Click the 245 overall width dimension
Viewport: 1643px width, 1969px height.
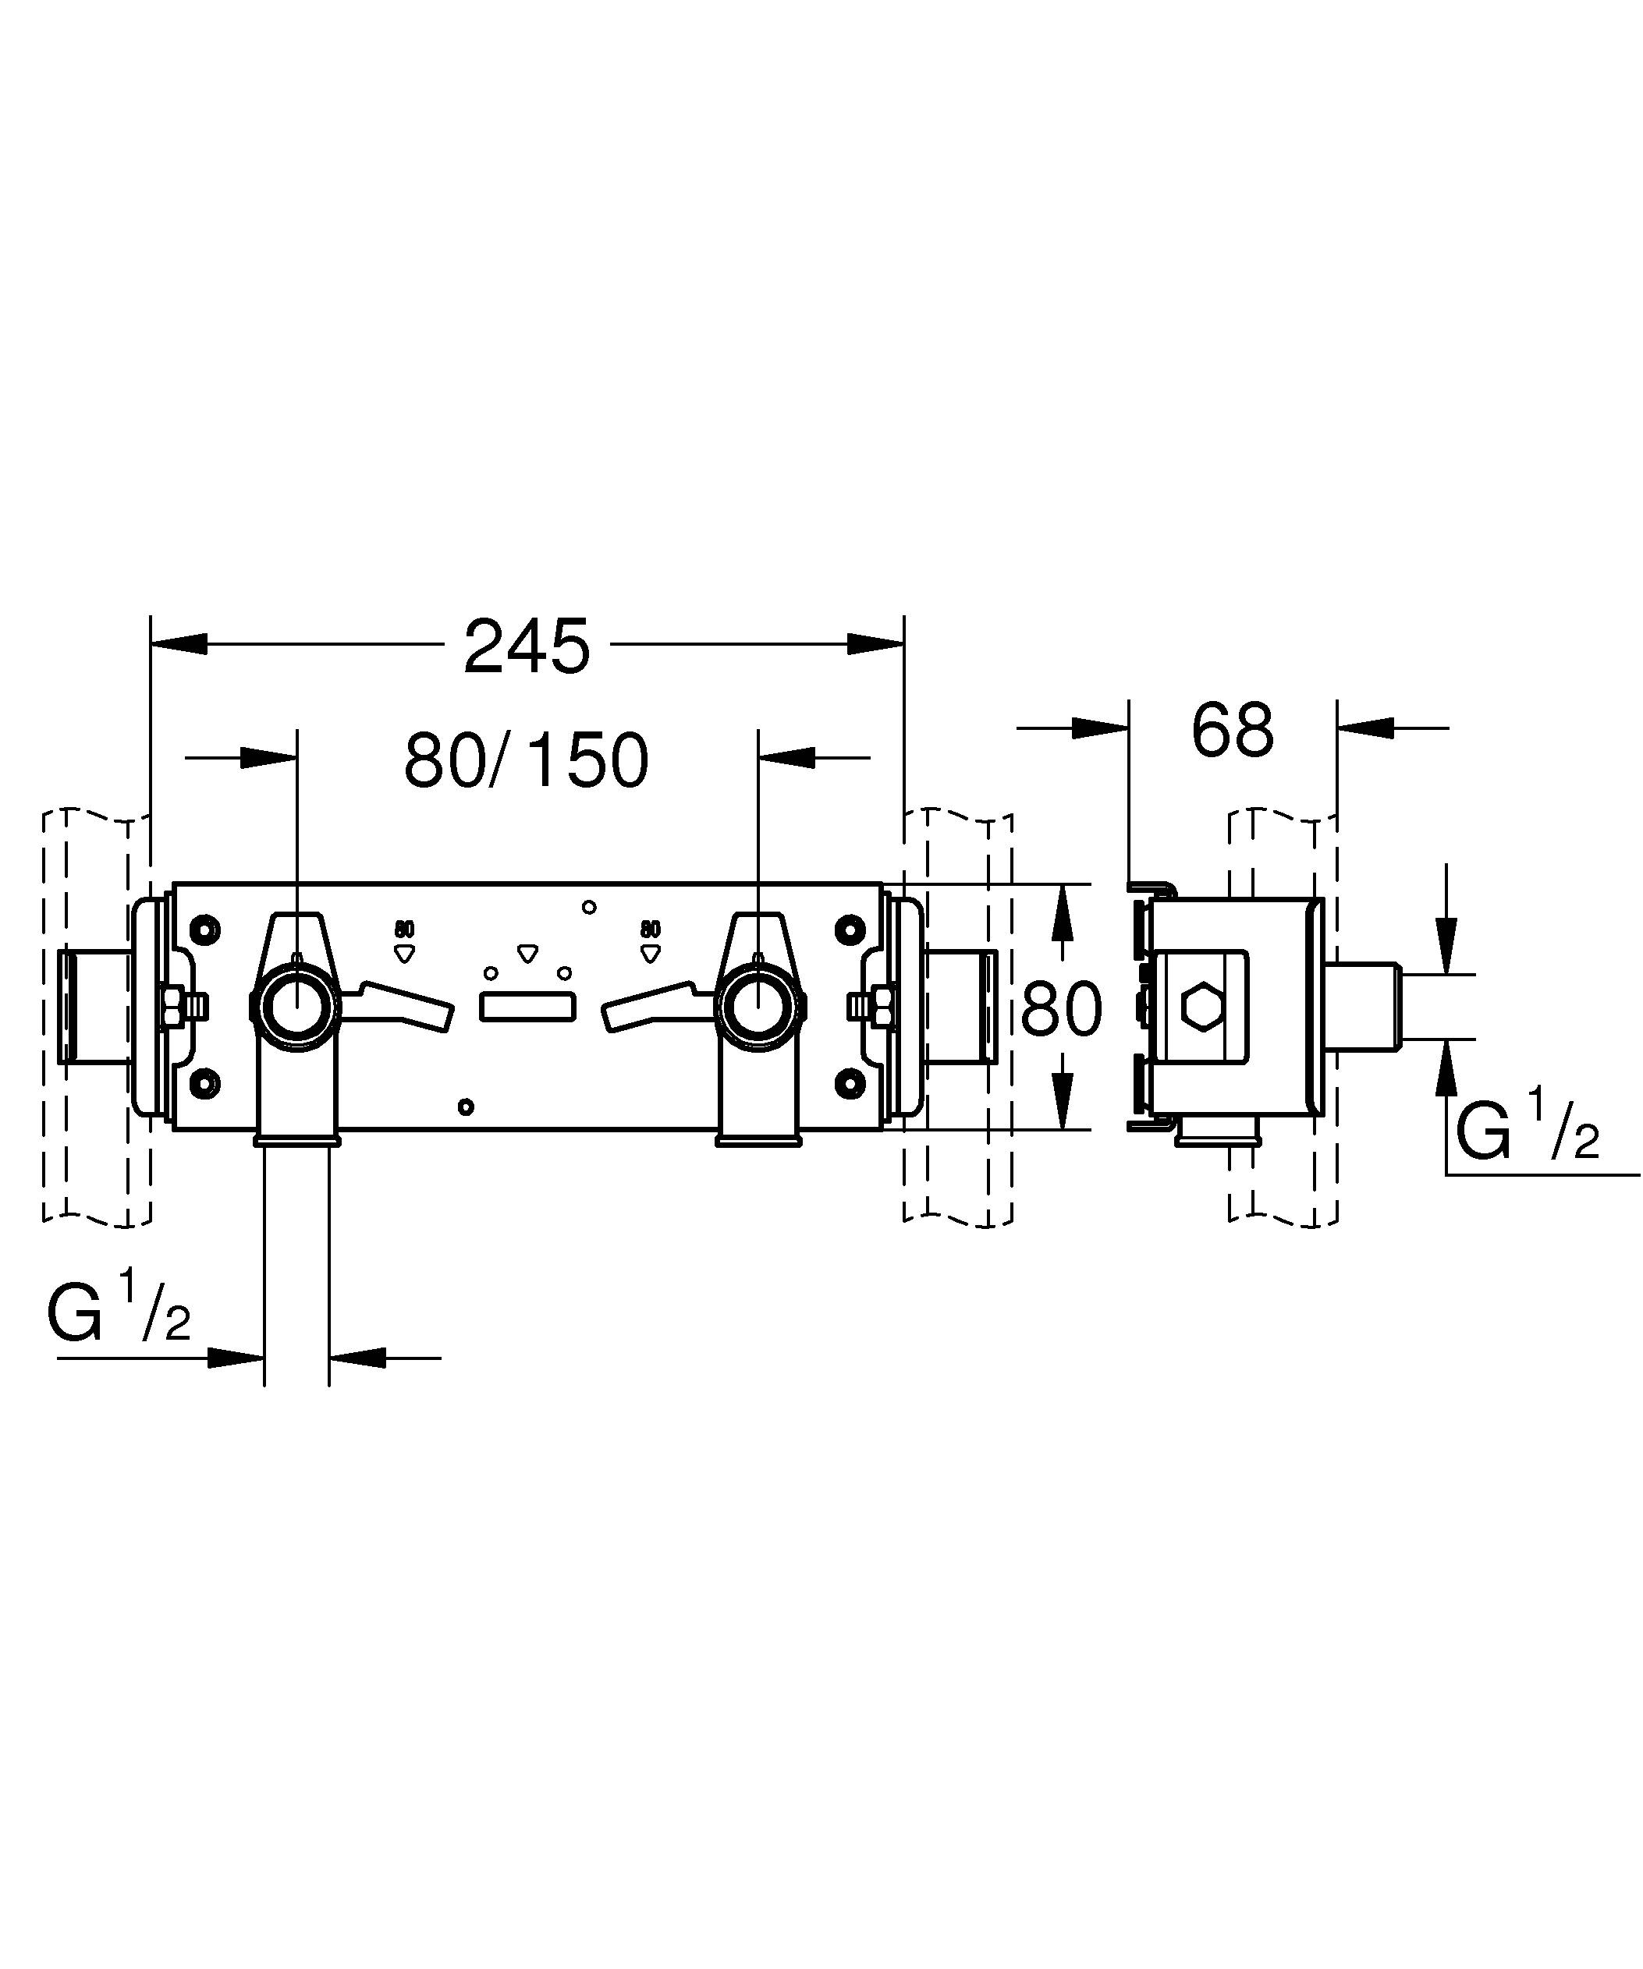(527, 647)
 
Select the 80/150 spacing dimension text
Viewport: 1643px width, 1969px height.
(526, 760)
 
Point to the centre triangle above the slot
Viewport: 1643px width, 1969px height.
(528, 954)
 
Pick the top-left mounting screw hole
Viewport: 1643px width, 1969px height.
(204, 930)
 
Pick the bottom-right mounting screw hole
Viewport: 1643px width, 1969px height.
(850, 1084)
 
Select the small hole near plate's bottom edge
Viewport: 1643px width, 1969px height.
(466, 1107)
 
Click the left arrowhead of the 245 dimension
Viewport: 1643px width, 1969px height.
(178, 644)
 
